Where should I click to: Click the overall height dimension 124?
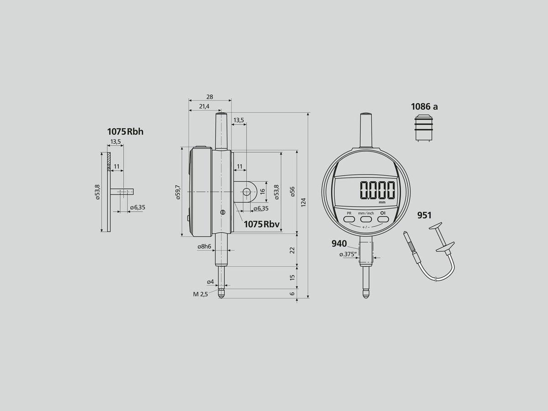(x=303, y=202)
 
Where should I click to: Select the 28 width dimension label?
(x=210, y=97)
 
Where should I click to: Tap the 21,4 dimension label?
(x=204, y=106)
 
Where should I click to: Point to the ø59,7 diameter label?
(x=178, y=192)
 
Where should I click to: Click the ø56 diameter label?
(x=292, y=192)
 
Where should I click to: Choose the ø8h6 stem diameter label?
(x=204, y=247)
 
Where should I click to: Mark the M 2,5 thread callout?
(x=200, y=295)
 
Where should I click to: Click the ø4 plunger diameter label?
(x=211, y=282)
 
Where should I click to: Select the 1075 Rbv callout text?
(x=262, y=224)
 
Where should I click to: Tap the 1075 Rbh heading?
(x=125, y=132)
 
